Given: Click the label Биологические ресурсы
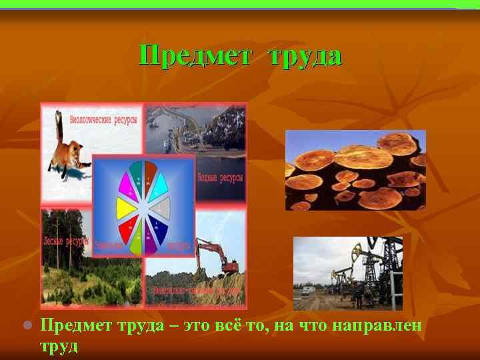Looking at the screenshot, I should pyautogui.click(x=104, y=119).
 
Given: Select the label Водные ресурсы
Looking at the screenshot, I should pyautogui.click(x=221, y=178).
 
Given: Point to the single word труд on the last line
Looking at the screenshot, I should pyautogui.click(x=59, y=346).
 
